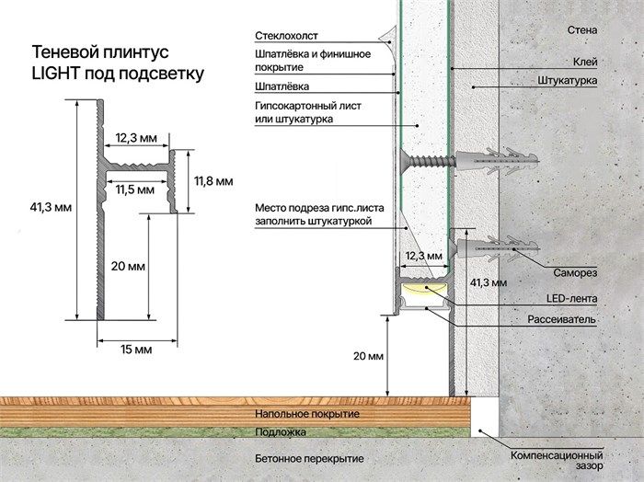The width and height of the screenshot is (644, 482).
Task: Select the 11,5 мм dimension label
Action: click(135, 189)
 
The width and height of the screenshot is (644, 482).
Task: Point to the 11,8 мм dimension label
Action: click(213, 180)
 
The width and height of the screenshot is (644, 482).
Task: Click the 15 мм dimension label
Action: click(136, 350)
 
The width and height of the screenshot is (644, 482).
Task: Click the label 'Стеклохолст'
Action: click(287, 36)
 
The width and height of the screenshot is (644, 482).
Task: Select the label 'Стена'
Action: click(582, 29)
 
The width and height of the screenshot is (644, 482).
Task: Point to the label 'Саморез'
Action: click(576, 273)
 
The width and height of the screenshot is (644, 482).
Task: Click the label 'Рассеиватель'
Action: click(562, 319)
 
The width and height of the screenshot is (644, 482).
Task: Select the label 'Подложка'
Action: click(282, 431)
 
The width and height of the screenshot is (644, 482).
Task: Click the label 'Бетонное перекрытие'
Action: click(308, 458)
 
